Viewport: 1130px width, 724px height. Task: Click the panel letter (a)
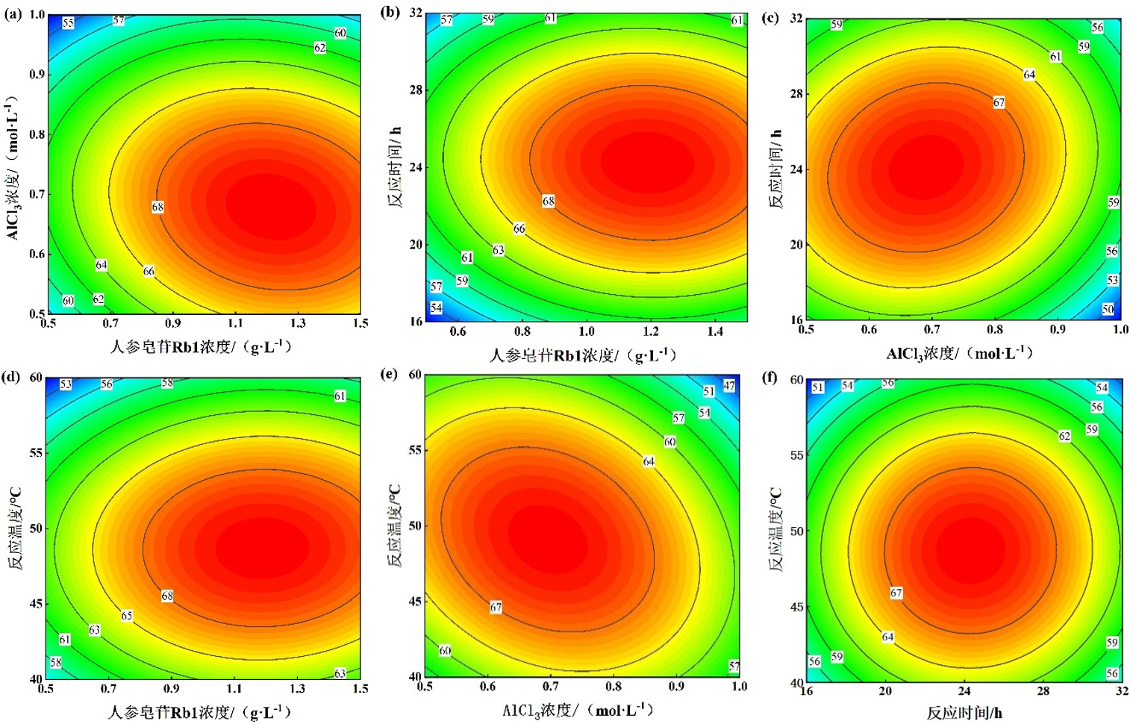[x=13, y=13]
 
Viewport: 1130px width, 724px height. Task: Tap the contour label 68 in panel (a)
[x=157, y=207]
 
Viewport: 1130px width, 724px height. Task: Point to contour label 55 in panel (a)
[x=68, y=23]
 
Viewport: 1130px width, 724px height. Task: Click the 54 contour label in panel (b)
[x=437, y=308]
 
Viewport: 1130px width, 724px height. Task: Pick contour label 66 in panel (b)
[x=519, y=228]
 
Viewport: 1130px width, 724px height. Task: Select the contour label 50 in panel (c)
[x=1108, y=309]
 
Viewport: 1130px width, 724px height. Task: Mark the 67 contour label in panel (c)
[x=999, y=102]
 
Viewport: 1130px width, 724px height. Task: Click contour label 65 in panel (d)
[x=127, y=616]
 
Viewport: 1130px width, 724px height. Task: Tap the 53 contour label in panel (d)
[x=66, y=384]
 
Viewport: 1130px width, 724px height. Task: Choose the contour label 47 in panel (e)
[x=729, y=386]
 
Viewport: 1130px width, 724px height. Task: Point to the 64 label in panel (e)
[x=649, y=461]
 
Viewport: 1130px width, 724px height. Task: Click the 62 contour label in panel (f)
[x=1064, y=436]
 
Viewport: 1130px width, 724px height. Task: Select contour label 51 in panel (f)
[x=818, y=387]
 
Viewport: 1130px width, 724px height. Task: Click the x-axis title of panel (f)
[x=964, y=712]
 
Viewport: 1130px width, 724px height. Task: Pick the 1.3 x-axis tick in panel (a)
[x=298, y=323]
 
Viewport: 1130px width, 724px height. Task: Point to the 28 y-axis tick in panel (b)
[x=416, y=90]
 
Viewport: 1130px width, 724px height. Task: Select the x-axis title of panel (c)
[x=960, y=353]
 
